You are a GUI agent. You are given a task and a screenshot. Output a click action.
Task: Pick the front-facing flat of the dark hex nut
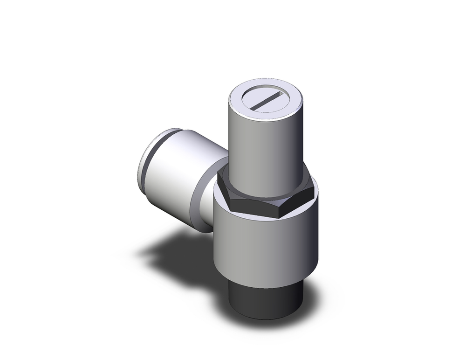(259, 208)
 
